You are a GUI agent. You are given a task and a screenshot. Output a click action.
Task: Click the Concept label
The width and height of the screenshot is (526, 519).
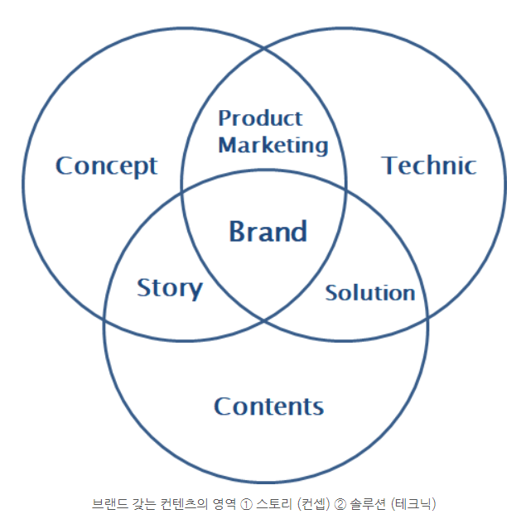coord(106,166)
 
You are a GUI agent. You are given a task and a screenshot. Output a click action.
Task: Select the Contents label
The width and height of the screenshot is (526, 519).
coord(268,406)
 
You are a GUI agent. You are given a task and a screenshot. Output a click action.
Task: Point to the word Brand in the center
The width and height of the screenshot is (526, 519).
coord(268,231)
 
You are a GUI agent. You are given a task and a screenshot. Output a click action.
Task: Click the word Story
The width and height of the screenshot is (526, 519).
coord(169,288)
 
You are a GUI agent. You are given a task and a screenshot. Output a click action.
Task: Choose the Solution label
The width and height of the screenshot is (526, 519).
coord(369,292)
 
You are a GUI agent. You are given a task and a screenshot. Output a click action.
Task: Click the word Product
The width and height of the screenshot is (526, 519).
coord(260,118)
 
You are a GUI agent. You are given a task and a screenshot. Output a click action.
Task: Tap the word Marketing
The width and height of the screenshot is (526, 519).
coord(273,145)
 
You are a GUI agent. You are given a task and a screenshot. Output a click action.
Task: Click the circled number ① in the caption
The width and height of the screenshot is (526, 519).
coord(245,503)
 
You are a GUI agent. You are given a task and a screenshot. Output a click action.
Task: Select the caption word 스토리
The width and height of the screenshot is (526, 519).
coord(272,503)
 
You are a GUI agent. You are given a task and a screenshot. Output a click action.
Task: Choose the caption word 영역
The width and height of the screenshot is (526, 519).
coord(221,503)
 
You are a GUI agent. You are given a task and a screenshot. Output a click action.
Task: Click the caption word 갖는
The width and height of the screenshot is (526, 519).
coord(141,503)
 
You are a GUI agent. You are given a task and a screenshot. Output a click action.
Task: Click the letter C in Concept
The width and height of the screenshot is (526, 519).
coord(64,166)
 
